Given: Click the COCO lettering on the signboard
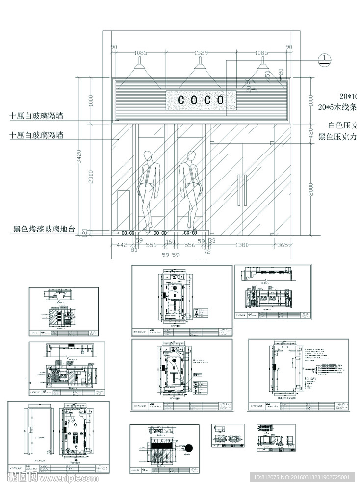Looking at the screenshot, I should point(201,100).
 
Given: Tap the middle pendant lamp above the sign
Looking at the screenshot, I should point(200,65).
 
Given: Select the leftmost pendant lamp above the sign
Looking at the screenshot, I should point(140,65).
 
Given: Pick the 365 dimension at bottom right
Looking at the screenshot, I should point(283,245).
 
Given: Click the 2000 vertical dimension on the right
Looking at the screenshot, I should point(310,189).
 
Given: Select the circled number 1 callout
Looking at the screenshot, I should point(324,59).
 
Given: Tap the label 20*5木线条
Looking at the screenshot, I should point(338,106).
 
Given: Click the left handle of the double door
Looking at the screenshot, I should point(238,190).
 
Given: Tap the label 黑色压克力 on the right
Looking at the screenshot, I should point(338,136).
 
